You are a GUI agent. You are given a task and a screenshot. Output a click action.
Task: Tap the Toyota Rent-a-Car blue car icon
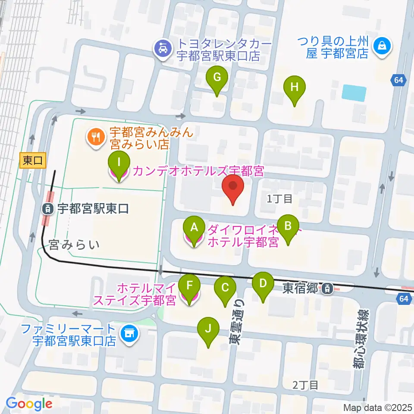(x=162, y=49)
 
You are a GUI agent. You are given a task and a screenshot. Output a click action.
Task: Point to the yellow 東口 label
(x=32, y=161)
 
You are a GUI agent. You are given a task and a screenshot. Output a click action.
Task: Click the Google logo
(x=29, y=404)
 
